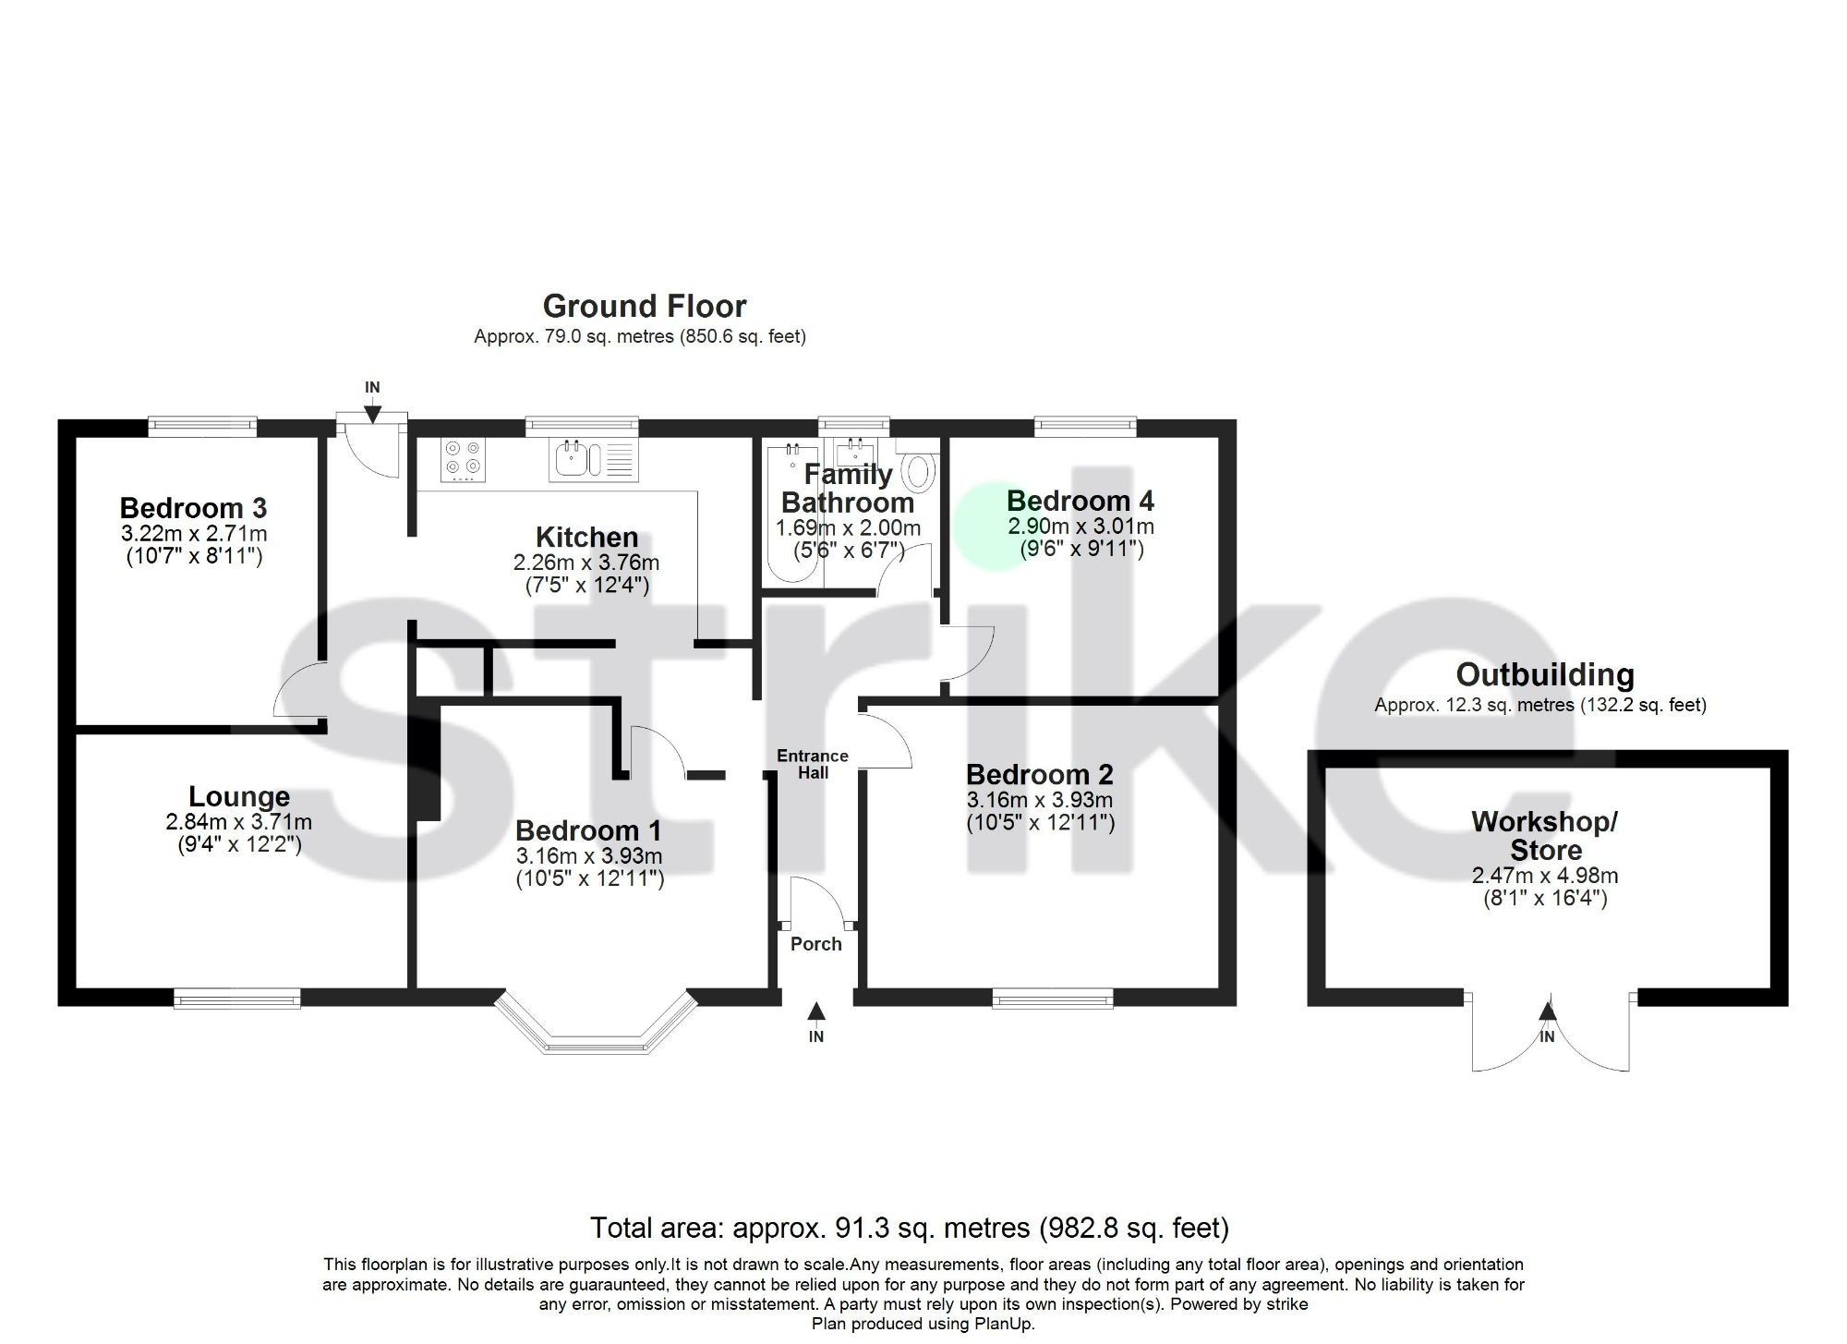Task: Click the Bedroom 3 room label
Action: click(x=193, y=508)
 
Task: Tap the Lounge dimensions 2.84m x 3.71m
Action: click(x=239, y=821)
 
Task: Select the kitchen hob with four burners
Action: click(x=463, y=459)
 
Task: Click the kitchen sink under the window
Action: click(x=593, y=459)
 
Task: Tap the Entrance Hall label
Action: click(x=813, y=764)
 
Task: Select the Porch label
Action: click(x=815, y=944)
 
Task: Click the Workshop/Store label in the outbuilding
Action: click(x=1545, y=835)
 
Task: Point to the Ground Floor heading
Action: click(x=644, y=306)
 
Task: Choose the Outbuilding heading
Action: click(x=1544, y=675)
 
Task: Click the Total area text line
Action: click(x=909, y=1228)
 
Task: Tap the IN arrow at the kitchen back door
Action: click(x=372, y=412)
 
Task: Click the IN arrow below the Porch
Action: click(x=815, y=1013)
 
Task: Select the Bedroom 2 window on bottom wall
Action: click(x=1053, y=999)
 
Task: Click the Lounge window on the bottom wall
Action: click(x=237, y=999)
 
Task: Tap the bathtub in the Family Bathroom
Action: click(x=791, y=513)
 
